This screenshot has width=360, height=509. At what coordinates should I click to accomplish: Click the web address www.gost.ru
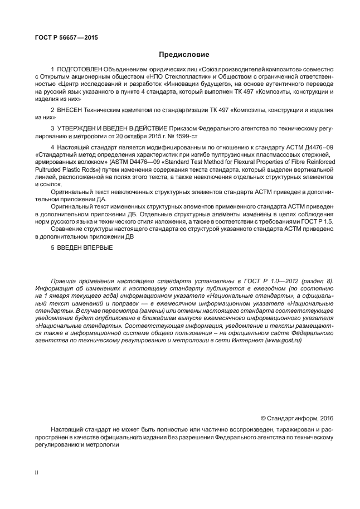click(283, 340)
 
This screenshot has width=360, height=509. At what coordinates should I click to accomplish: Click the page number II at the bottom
click(37, 472)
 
